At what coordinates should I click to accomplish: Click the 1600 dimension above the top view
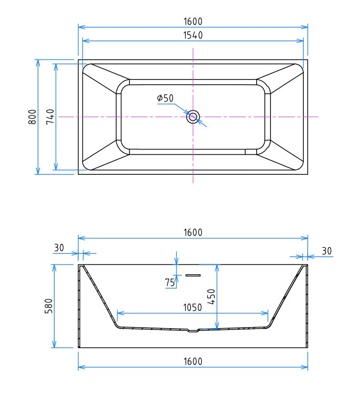point(193,21)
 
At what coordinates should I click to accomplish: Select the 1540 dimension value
point(193,35)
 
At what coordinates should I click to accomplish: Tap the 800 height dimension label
point(32,117)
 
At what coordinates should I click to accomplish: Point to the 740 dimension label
point(50,117)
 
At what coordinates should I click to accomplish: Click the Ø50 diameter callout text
point(165,99)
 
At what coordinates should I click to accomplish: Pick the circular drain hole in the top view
point(193,117)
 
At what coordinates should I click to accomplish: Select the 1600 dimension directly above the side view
point(193,232)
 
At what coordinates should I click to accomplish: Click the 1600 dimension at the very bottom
point(193,361)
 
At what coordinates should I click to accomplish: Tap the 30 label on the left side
point(59,248)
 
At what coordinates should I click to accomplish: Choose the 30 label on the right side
point(327,251)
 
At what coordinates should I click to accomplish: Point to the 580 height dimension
point(48,306)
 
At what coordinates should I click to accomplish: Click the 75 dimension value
point(170,283)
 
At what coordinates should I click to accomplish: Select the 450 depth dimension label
point(211,297)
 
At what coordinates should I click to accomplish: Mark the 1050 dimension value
point(193,307)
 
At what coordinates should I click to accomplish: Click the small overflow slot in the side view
point(193,275)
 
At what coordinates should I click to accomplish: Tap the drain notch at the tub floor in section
point(193,330)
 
